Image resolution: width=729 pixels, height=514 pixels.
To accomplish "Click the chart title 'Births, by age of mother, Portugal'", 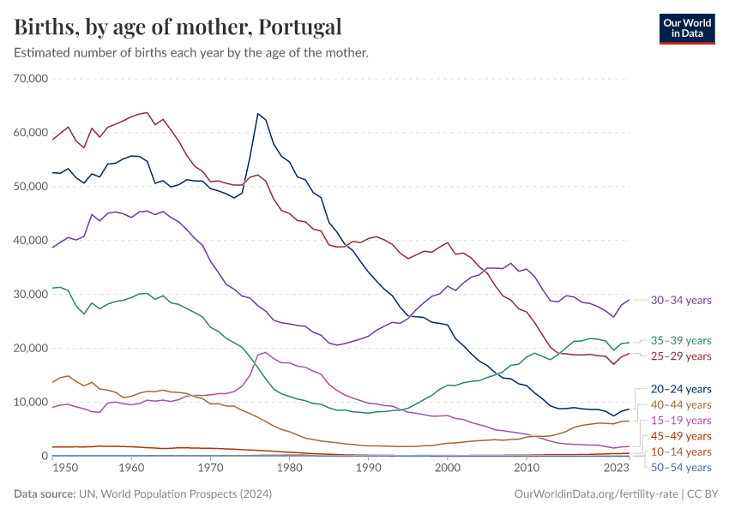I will click(x=178, y=27).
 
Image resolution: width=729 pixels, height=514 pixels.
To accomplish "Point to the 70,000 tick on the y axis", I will click(x=32, y=79).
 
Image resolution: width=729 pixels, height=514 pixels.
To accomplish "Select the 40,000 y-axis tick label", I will click(x=32, y=241).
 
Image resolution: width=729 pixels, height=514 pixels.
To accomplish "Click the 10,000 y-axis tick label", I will click(x=32, y=403).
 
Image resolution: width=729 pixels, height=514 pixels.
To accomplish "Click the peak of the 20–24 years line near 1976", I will click(x=257, y=113).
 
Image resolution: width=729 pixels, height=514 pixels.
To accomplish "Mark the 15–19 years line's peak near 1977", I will click(x=265, y=352).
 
